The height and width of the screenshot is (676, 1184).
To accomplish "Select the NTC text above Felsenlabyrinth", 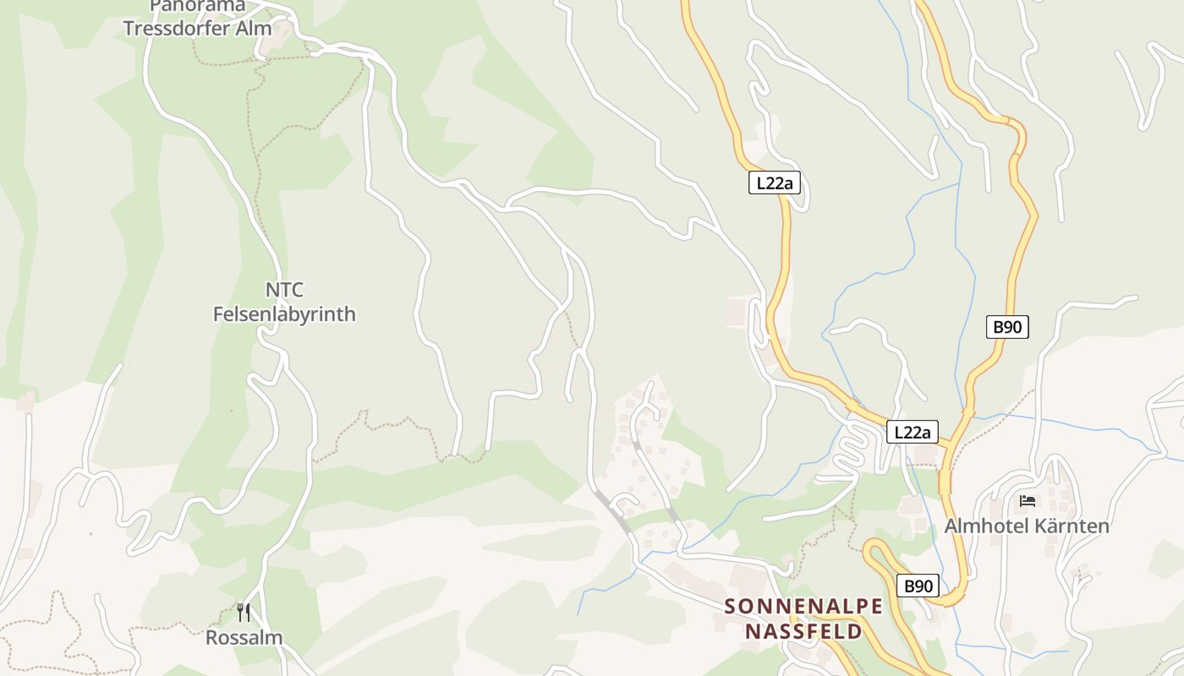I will click(284, 290).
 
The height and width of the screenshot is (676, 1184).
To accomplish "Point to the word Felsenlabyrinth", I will click(284, 314).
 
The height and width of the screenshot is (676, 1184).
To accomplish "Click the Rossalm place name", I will click(244, 637).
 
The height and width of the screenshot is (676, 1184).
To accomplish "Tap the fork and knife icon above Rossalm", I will click(244, 612).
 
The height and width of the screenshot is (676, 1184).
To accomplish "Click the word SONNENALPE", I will click(803, 606).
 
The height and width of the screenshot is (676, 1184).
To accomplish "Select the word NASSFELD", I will click(803, 631).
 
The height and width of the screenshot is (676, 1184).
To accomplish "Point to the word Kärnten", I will click(1077, 526).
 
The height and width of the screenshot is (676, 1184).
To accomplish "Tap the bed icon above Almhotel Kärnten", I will click(1028, 501).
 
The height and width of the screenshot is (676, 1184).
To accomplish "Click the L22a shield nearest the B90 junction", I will click(913, 433).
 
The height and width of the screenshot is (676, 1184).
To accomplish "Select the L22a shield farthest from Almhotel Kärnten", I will click(775, 183).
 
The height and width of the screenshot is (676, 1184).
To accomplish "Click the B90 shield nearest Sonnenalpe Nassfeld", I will click(918, 585).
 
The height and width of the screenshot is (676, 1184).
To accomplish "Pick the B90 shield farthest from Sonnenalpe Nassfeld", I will click(1007, 327).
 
